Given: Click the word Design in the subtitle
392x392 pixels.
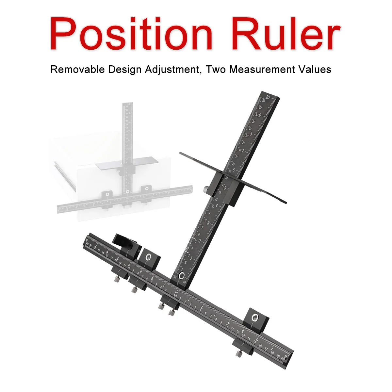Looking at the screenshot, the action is coord(124,70).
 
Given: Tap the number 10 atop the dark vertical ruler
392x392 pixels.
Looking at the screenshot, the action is coord(268,97).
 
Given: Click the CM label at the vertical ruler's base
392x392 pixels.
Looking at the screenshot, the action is coord(174,277).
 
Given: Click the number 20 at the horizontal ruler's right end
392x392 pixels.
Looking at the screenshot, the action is coord(283,358).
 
